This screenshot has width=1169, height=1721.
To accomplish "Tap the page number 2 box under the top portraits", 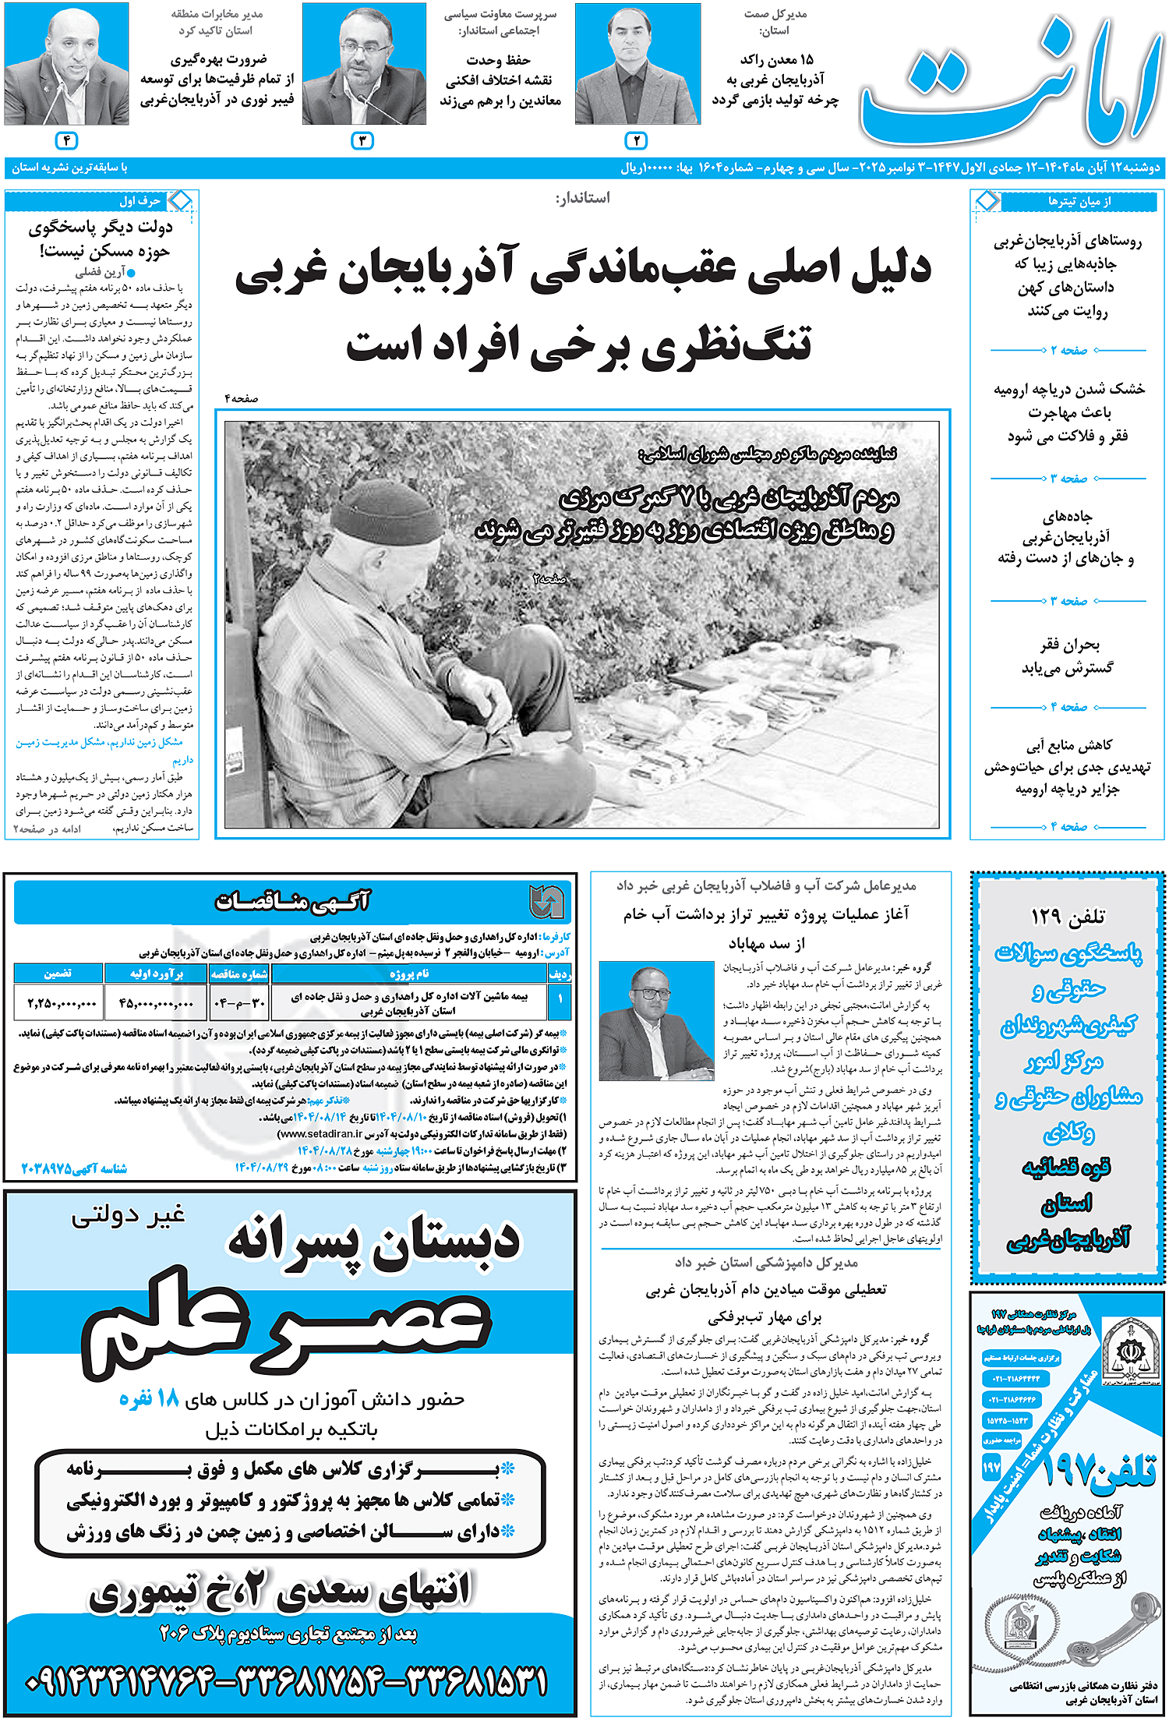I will click(x=636, y=141).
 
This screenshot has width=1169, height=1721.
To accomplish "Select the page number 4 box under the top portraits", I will click(x=67, y=141).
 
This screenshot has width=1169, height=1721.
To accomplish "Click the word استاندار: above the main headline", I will click(x=582, y=198).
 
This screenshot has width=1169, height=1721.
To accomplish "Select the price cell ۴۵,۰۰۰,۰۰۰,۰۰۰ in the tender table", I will click(x=156, y=1003).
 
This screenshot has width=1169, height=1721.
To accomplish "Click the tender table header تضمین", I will click(x=58, y=974).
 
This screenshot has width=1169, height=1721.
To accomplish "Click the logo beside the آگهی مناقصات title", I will click(x=546, y=902).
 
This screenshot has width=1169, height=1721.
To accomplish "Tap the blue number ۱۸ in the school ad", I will click(x=168, y=1399).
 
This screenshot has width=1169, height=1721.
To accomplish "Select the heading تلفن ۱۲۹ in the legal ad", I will click(x=1067, y=916).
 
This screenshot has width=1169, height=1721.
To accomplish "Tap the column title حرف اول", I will click(x=140, y=201).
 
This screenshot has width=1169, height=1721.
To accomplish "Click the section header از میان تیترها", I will click(x=1079, y=201).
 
